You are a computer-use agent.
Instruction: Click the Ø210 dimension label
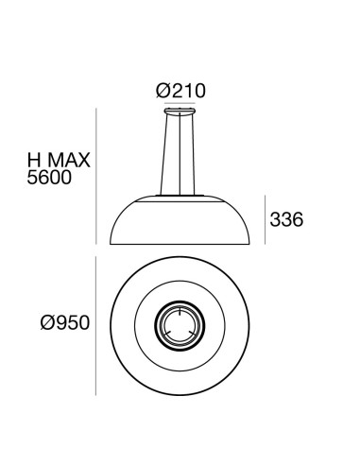(x=180, y=91)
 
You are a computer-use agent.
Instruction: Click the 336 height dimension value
(x=285, y=221)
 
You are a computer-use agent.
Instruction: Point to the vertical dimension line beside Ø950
(x=100, y=327)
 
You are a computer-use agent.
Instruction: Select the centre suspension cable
(x=180, y=156)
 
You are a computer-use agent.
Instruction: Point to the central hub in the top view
(x=180, y=327)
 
